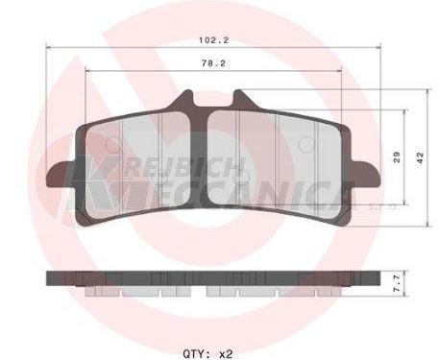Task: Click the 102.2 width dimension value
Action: tap(214, 40)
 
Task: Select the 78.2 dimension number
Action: tap(213, 63)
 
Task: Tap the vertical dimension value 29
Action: tap(397, 157)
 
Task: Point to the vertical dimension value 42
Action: tap(420, 157)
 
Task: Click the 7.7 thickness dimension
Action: tap(397, 284)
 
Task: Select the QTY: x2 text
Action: tap(208, 354)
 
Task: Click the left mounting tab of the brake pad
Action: tap(61, 175)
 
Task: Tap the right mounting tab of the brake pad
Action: tap(366, 175)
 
